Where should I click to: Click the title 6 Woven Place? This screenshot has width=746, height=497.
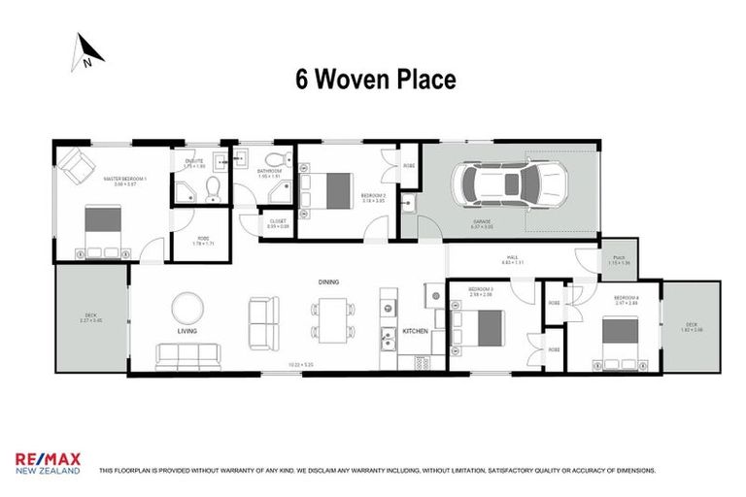click(375, 80)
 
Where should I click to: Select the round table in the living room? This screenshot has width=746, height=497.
click(187, 309)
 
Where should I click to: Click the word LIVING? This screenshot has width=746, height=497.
click(187, 331)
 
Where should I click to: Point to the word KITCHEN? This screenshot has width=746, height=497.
click(415, 332)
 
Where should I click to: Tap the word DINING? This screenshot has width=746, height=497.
click(328, 282)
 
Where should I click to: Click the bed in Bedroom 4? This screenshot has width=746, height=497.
click(617, 332)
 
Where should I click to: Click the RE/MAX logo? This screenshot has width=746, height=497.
click(48, 464)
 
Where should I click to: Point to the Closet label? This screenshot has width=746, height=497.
click(277, 223)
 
